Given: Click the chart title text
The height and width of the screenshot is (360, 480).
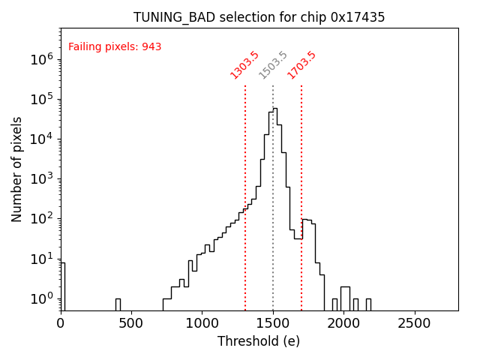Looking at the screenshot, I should [259, 17].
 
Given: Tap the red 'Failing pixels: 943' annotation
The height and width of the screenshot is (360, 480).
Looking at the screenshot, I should [115, 47].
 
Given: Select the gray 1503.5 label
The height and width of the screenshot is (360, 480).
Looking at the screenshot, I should [273, 65].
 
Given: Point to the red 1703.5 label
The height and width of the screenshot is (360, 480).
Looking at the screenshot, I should [301, 65].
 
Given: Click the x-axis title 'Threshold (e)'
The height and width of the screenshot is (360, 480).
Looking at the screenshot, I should [259, 341].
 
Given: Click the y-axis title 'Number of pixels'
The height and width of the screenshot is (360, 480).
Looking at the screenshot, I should [17, 169].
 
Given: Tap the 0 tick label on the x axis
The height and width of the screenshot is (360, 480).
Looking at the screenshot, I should [61, 323].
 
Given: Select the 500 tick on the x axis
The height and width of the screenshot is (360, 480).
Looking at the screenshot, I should [131, 323].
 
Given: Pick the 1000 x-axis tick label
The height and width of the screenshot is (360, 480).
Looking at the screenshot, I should [202, 323].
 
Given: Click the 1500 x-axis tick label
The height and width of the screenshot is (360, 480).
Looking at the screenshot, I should [273, 323].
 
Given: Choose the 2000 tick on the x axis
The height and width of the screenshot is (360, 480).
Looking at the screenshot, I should [343, 323].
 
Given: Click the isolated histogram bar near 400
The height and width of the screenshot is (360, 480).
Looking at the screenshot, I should [118, 304].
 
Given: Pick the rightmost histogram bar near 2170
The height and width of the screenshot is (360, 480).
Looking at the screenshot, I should [368, 304].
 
